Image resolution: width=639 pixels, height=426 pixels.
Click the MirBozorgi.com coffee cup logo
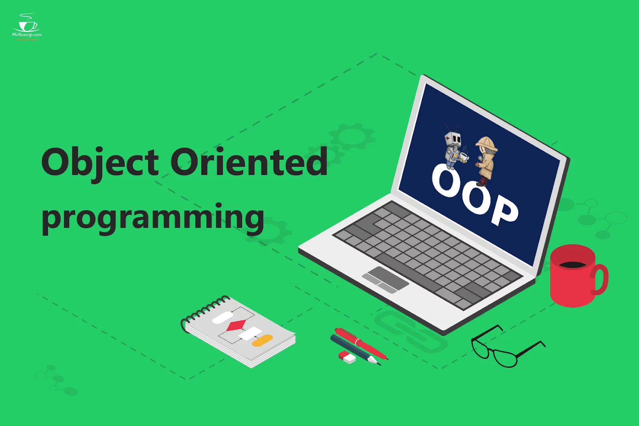(x=27, y=26)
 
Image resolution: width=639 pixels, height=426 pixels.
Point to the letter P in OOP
(x=504, y=210)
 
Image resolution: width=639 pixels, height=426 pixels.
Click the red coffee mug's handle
(x=600, y=279)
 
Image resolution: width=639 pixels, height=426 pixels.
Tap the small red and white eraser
(x=347, y=357)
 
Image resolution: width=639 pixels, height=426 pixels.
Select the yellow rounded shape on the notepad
(x=262, y=341)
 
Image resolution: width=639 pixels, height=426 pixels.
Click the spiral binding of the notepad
(x=204, y=309)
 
